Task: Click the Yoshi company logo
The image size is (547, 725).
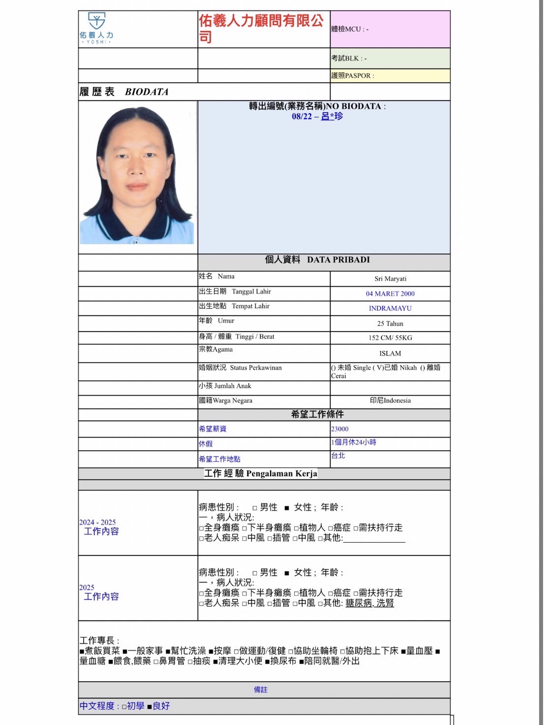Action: coord(96,28)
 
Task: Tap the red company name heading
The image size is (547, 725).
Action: coord(261,29)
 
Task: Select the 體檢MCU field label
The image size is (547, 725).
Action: coord(350,29)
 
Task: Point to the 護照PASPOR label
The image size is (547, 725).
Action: coord(352,75)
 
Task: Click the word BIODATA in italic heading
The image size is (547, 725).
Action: coord(147,92)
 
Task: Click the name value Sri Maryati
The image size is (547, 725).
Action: coord(390,279)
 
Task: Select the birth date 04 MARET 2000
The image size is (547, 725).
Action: coord(390,294)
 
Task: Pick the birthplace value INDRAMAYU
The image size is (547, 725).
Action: coord(390,308)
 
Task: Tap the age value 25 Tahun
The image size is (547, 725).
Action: coord(390,324)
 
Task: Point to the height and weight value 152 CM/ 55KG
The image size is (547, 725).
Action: coord(390,338)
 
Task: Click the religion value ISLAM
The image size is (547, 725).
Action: coord(390,354)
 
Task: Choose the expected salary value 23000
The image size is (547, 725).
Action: coord(339,429)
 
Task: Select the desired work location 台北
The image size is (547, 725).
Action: coord(338,456)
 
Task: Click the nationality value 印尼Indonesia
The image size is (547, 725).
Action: coord(390,400)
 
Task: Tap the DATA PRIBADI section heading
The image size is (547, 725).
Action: coord(338,260)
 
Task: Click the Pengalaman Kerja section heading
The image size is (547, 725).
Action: coord(281,473)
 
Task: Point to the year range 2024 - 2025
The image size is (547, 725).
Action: coord(97,522)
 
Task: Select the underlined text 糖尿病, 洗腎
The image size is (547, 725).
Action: coord(369,603)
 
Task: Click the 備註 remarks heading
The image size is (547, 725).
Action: coord(261,690)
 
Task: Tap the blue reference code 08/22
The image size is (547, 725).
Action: coord(302,116)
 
